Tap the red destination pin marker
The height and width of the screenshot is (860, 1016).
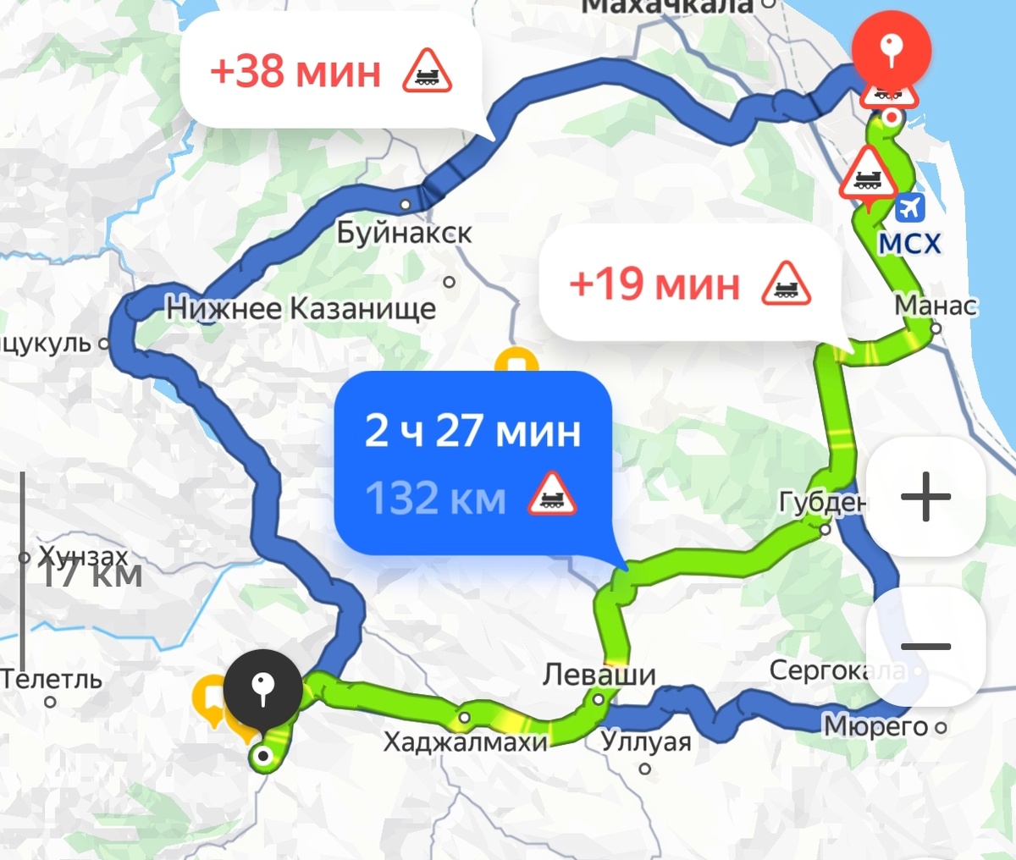[891, 49]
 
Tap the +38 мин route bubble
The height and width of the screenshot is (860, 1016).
[330, 71]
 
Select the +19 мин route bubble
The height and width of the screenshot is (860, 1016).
[690, 284]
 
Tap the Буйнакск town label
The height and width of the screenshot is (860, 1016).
[404, 233]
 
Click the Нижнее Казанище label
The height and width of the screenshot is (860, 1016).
[301, 308]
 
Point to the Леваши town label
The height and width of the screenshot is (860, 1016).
[599, 675]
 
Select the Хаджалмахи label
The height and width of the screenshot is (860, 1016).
[465, 742]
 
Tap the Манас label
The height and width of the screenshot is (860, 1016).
[936, 305]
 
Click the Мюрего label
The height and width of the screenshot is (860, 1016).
[875, 726]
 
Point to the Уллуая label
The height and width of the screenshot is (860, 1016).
[646, 742]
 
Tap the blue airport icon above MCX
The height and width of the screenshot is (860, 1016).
[911, 207]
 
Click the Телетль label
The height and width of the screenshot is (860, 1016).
[51, 679]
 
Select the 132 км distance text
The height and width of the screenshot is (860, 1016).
[435, 498]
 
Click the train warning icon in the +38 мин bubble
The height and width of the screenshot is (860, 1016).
[427, 71]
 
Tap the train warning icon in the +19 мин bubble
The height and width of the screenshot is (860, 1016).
[786, 284]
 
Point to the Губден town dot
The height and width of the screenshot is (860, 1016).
[825, 530]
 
